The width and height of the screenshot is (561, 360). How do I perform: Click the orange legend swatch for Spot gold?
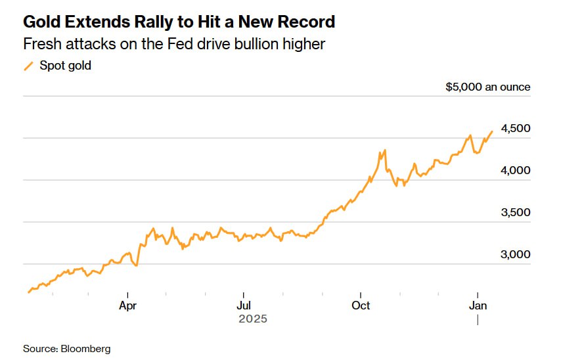click(28, 66)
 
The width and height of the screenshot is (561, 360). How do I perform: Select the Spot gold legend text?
click(65, 66)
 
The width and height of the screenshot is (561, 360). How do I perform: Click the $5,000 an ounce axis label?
click(487, 87)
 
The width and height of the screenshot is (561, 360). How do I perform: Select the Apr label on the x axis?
click(127, 305)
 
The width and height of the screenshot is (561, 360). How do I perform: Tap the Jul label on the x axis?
click(243, 305)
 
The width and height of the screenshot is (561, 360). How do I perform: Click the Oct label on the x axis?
click(361, 305)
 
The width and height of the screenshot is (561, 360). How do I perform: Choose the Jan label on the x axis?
click(477, 305)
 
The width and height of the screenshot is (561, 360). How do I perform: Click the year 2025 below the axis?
click(253, 319)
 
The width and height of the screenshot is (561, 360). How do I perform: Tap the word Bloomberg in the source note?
click(85, 348)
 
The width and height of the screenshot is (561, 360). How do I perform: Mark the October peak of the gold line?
click(384, 150)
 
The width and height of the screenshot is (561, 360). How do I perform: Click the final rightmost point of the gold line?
click(492, 131)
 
